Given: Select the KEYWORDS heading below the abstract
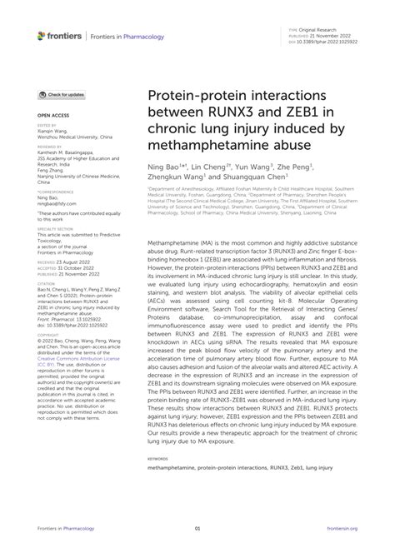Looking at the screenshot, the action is [157, 457].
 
